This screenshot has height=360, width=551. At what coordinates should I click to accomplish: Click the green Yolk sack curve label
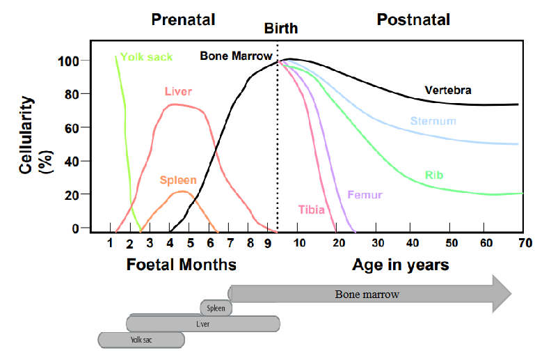(146, 57)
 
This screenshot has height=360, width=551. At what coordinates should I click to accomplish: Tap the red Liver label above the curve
(178, 91)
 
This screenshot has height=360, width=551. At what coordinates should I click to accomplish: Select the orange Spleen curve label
(177, 180)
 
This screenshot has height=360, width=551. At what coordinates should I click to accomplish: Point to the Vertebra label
(448, 91)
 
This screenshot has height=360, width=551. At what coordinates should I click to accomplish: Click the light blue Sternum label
(433, 121)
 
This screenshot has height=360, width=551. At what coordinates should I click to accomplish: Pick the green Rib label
(434, 175)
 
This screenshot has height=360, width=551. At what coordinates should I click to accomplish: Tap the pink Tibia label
(311, 209)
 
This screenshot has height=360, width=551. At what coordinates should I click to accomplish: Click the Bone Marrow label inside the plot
(236, 56)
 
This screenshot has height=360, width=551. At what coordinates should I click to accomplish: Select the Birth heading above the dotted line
(280, 29)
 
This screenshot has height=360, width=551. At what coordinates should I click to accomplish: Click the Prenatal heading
(183, 19)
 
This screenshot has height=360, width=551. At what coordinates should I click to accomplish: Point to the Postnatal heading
(413, 19)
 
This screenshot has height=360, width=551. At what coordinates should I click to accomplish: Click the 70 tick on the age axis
(525, 243)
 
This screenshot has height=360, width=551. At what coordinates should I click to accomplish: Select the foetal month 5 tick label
(190, 243)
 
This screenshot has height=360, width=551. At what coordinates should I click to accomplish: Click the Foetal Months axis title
(181, 265)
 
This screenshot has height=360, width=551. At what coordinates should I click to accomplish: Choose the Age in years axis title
(400, 265)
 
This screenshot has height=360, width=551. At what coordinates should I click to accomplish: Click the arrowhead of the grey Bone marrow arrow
(501, 293)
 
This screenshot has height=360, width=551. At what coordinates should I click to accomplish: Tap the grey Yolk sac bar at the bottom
(141, 340)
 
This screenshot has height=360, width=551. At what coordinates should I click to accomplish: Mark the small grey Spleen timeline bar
(216, 308)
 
